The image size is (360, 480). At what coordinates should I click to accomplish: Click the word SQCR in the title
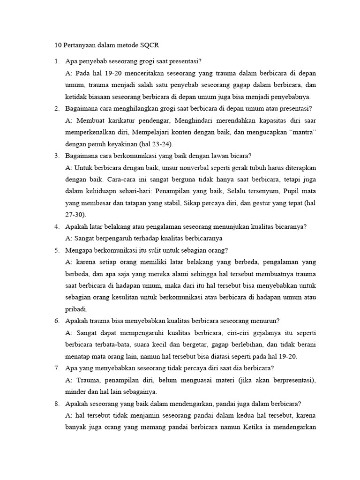click(x=153, y=45)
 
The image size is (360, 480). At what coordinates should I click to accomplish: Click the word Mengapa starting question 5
click(x=80, y=250)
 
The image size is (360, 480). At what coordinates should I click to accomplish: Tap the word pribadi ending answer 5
click(x=77, y=309)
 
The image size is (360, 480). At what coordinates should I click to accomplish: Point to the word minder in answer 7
click(x=76, y=391)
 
